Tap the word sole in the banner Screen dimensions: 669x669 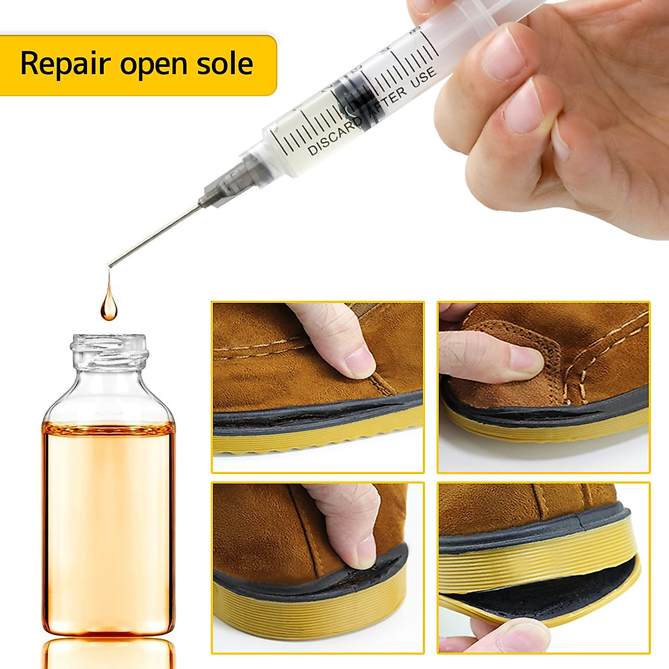pyautogui.click(x=225, y=64)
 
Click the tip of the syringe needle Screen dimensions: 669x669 pyautogui.click(x=110, y=265)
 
